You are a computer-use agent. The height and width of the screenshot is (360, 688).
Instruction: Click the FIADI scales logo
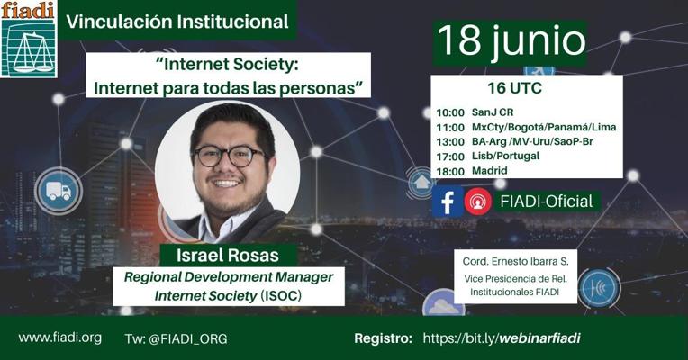29,40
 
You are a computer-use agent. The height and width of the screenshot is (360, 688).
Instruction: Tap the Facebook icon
448,202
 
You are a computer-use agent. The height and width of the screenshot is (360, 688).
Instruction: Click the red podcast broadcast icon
478,202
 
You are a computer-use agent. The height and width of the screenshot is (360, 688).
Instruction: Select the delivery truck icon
59,191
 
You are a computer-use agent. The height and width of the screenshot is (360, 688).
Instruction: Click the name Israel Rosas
228,256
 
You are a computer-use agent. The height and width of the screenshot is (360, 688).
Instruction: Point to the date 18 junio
511,41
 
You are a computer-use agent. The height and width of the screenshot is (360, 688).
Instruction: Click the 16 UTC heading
515,88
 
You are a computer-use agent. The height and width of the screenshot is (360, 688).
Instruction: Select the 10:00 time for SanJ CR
450,112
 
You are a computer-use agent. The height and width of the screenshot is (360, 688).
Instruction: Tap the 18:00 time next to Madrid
450,171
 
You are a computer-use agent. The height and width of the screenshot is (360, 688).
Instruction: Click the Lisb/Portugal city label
505,156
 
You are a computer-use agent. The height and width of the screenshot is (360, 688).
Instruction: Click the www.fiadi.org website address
60,337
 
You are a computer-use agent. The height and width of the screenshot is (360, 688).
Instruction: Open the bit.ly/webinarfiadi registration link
502,338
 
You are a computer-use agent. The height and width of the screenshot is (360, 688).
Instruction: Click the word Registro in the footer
383,338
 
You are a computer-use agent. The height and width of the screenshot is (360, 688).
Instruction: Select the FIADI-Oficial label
547,202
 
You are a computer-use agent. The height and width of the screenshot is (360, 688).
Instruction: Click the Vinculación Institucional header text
177,22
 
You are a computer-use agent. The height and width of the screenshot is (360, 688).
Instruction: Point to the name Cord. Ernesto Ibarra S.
516,261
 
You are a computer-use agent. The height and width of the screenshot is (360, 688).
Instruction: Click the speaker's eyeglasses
229,157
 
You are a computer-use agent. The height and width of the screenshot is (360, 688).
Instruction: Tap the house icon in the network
421,182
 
